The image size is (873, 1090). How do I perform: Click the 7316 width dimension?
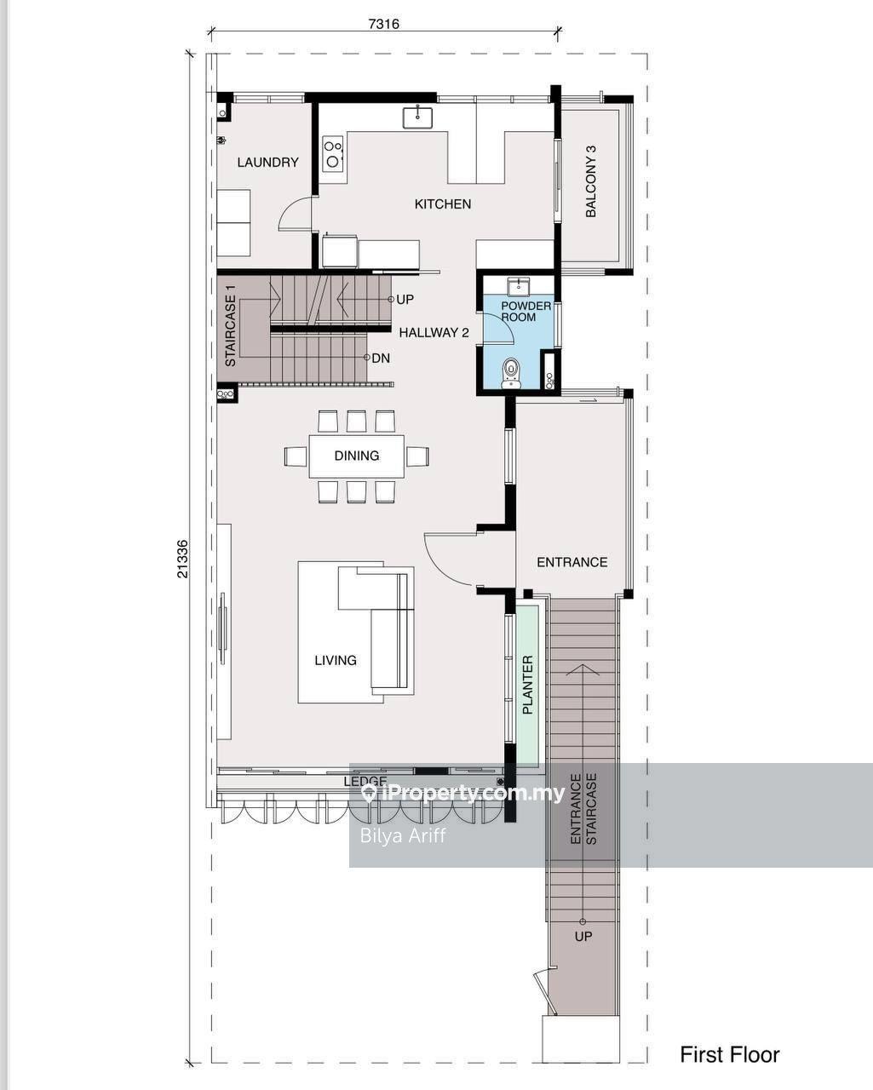pyautogui.click(x=383, y=24)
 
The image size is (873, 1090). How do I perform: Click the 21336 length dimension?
pyautogui.click(x=182, y=559)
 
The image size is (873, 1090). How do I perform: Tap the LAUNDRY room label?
pyautogui.click(x=267, y=162)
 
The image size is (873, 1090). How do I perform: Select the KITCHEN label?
pyautogui.click(x=442, y=204)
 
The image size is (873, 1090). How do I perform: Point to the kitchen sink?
pyautogui.click(x=418, y=118)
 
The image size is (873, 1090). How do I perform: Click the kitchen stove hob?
pyautogui.click(x=333, y=152)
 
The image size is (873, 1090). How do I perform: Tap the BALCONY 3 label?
pyautogui.click(x=591, y=181)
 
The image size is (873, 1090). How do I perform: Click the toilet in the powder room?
pyautogui.click(x=511, y=373)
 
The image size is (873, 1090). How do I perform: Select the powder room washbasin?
pyautogui.click(x=519, y=286)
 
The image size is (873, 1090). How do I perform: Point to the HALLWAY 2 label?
pyautogui.click(x=434, y=333)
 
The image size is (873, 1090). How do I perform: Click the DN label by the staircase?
pyautogui.click(x=381, y=359)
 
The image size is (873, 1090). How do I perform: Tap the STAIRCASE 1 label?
pyautogui.click(x=231, y=325)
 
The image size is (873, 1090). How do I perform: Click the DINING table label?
pyautogui.click(x=357, y=456)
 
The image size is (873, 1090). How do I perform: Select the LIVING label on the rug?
pyautogui.click(x=336, y=660)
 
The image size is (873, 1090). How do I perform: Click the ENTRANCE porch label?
pyautogui.click(x=572, y=562)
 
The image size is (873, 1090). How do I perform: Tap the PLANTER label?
pyautogui.click(x=527, y=685)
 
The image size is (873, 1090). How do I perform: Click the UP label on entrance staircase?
pyautogui.click(x=583, y=936)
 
